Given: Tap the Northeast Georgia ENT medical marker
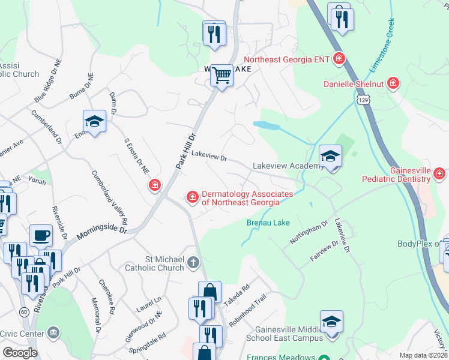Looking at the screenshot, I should click(x=339, y=59).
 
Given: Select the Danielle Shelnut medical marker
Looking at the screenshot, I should click(x=393, y=82).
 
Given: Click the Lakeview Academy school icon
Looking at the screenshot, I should click(x=330, y=157).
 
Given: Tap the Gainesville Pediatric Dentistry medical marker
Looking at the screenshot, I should click(x=439, y=175).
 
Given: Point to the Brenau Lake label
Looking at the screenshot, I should click(x=268, y=223).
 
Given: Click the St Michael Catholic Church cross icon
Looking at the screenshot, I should click(x=193, y=262).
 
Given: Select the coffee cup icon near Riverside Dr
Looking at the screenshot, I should click(x=41, y=236).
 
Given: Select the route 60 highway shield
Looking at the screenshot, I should click(x=24, y=312).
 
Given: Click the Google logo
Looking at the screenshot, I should click(x=20, y=353).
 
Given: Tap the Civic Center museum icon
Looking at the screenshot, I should click(x=53, y=332).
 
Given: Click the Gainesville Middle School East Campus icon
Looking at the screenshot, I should click(x=331, y=322).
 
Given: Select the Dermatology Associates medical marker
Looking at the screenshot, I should click(x=193, y=197).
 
